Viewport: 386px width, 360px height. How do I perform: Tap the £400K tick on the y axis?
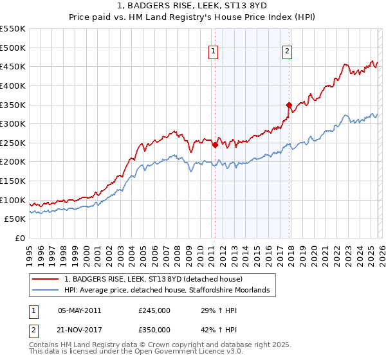pos(13,85)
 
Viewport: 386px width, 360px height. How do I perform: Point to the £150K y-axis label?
pos(13,181)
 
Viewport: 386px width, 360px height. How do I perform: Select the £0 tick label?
pos(20,238)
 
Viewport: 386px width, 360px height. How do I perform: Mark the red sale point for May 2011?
pos(215,145)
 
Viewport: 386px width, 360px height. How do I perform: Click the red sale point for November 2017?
pos(289,105)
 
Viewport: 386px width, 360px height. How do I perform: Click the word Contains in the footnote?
pos(44,345)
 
